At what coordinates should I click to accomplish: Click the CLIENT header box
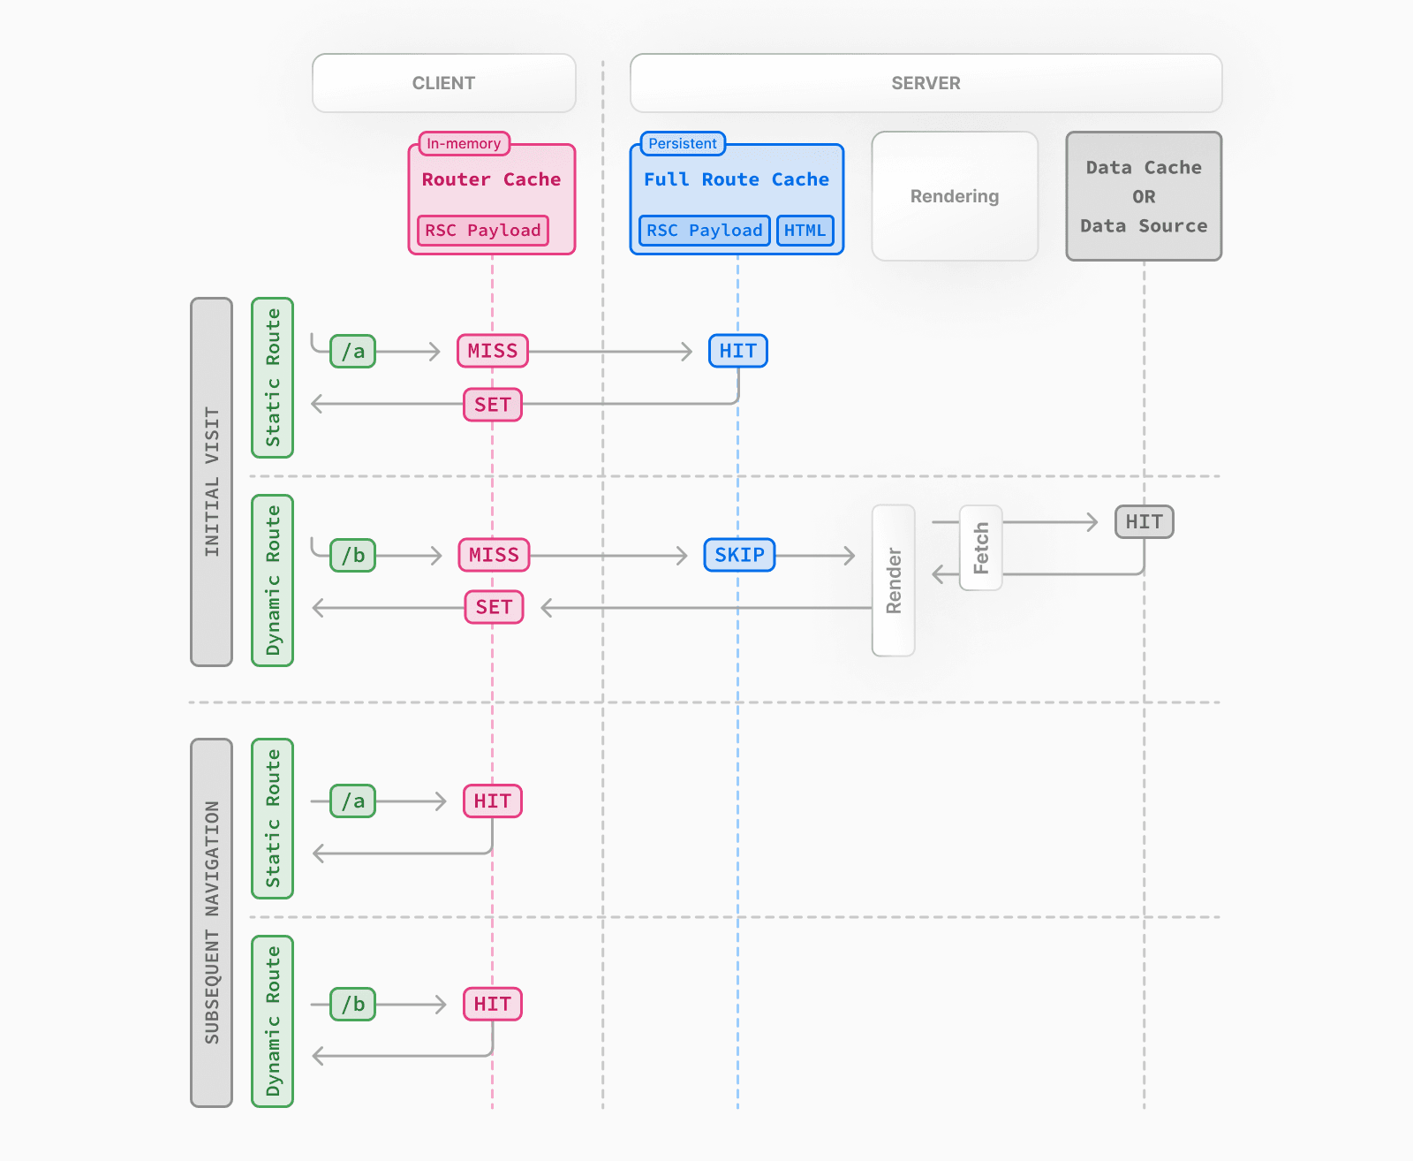pos(443,83)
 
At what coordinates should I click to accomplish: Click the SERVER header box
pos(926,83)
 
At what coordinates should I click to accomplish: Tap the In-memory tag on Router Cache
pos(464,143)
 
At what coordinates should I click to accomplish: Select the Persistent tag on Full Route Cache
pos(682,143)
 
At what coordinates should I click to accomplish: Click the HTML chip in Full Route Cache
pos(805,231)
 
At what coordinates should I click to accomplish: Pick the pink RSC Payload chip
pos(482,231)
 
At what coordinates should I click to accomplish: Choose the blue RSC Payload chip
pos(704,231)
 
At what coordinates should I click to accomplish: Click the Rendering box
pos(955,196)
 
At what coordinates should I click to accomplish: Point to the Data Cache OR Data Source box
pos(1144,196)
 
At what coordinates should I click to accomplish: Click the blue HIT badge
pos(737,351)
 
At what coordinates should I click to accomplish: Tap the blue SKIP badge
pos(739,555)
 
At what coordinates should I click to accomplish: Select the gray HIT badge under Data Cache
pos(1144,521)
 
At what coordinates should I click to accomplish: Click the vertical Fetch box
pos(980,548)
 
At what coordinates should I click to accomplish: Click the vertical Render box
pos(893,580)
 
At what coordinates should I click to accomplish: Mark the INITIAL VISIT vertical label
pos(211,482)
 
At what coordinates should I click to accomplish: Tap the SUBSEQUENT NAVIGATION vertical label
pos(211,922)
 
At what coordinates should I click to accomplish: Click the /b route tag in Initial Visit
pos(352,555)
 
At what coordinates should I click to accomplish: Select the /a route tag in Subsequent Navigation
pos(352,801)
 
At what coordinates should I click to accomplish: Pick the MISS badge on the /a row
pos(493,351)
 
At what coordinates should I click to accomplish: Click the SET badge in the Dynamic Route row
pos(494,607)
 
